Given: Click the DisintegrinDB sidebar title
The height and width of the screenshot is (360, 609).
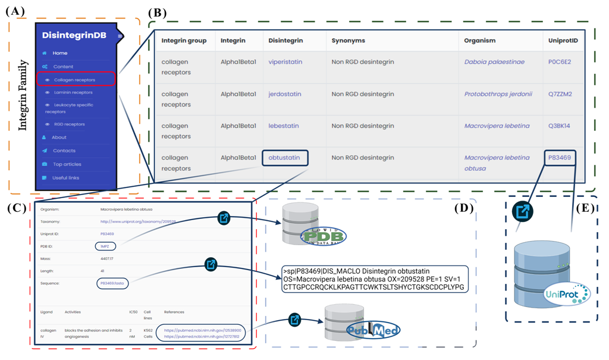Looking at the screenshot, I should (74, 36).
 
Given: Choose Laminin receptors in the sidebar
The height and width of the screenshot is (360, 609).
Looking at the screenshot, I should (73, 92).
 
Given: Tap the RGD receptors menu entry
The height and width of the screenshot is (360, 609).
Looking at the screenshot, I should (69, 124).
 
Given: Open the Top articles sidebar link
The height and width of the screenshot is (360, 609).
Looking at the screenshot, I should (67, 164).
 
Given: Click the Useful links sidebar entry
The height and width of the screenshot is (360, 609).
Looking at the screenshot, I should (65, 178).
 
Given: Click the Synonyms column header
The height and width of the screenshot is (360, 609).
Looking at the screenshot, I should (349, 40).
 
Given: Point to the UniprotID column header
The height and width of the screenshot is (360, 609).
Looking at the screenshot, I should (563, 40).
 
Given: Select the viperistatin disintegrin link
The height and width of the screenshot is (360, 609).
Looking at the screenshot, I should (285, 62).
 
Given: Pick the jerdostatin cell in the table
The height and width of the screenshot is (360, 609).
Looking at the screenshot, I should (285, 94).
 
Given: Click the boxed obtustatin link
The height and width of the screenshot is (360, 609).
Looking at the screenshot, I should (285, 158).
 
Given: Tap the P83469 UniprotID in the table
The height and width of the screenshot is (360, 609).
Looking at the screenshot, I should (560, 158).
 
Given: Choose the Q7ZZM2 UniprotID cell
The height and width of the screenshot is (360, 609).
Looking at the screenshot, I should (560, 94).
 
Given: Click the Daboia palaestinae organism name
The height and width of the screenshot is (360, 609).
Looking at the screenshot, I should (495, 62).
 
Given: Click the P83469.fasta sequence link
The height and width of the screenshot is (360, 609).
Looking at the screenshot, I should (113, 283).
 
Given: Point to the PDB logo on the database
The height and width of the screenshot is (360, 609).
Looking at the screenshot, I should (323, 236).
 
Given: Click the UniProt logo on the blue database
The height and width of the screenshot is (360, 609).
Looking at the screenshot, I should (566, 293).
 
